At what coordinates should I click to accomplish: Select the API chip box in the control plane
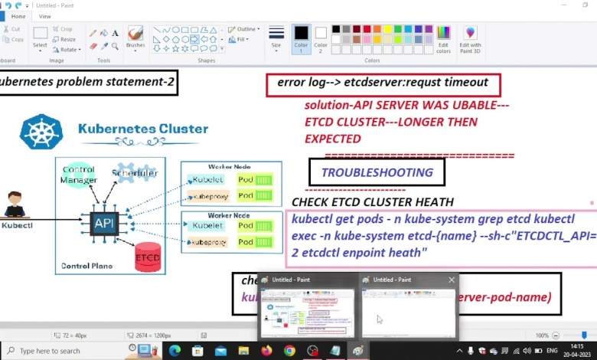104,224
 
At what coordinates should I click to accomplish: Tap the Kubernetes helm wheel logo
41,131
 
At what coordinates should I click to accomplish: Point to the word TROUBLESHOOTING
377,173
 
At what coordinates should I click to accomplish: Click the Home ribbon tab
18,16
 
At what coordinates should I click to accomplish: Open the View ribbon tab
45,16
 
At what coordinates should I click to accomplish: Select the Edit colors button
443,39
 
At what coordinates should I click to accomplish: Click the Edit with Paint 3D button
470,39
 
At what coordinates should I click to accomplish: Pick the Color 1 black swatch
301,37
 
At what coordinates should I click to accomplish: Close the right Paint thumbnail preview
452,280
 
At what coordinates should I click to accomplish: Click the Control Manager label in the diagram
79,175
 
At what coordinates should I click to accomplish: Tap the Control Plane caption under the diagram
86,267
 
